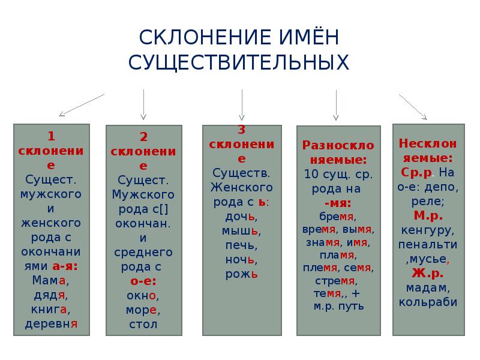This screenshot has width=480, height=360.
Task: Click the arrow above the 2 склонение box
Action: tap(143, 104)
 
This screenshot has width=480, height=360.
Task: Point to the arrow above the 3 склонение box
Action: tap(242, 104)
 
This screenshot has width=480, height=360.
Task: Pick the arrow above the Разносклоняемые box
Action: tap(336, 104)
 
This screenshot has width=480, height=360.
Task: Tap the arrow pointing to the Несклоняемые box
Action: tap(413, 107)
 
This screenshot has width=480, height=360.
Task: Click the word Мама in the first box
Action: tap(50, 280)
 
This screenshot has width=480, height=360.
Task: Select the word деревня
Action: tap(51, 324)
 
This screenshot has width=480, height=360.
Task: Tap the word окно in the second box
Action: tap(142, 295)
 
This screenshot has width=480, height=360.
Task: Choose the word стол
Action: tap(143, 324)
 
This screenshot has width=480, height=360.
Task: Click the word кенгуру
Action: tap(428, 230)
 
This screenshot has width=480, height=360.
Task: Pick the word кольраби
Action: tap(428, 302)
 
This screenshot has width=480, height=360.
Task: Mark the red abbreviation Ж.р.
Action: tap(428, 274)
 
